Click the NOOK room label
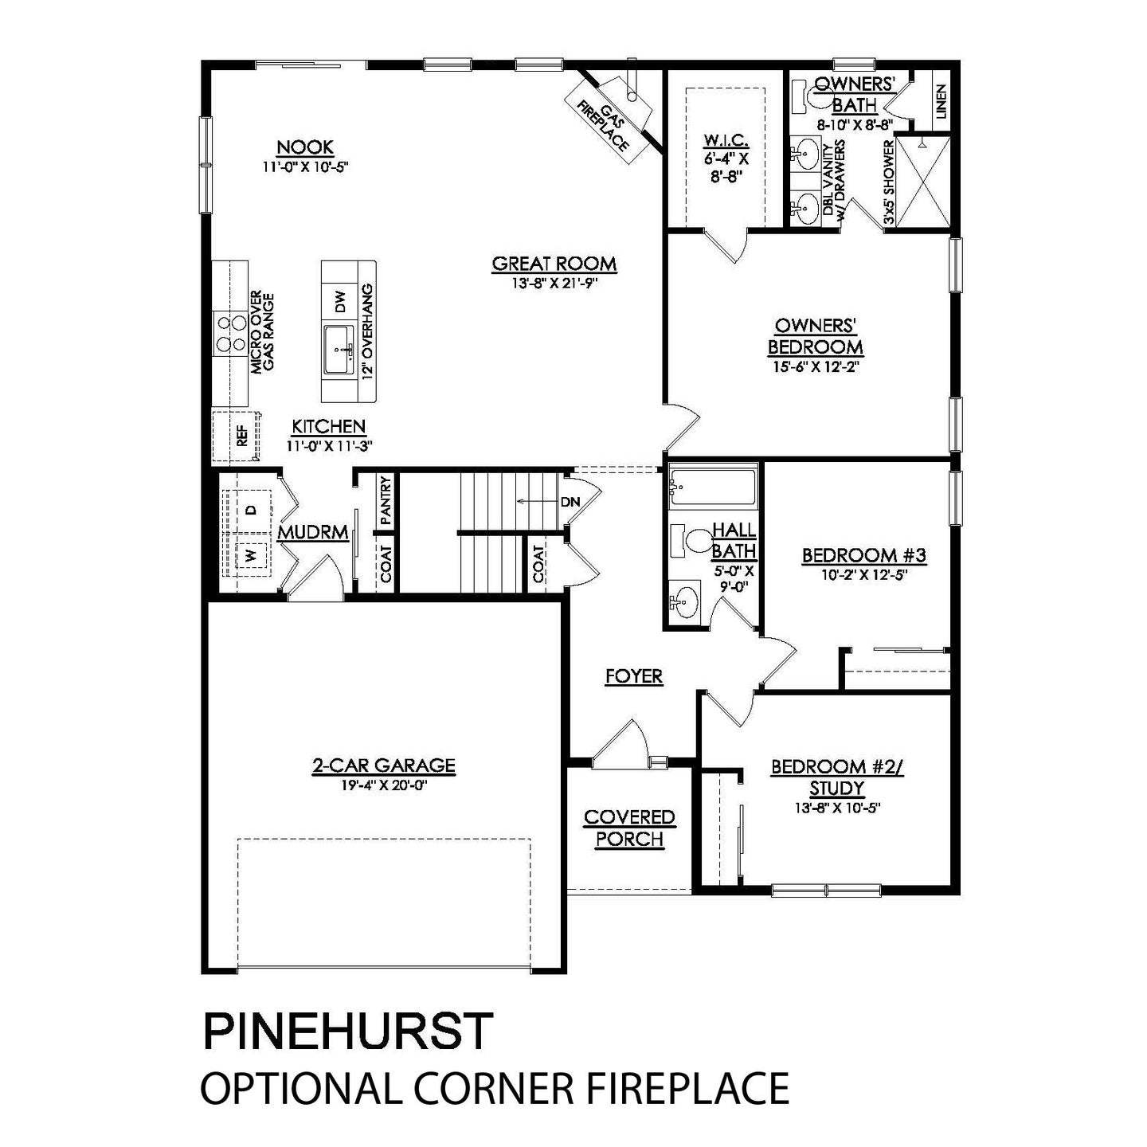pos(305,147)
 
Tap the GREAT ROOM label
pos(554,264)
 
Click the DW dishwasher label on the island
pos(341,301)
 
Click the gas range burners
pos(230,334)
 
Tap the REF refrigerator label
pos(241,435)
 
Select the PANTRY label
pos(386,500)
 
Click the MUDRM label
pos(313,533)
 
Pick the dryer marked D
pos(250,509)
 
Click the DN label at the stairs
pos(570,501)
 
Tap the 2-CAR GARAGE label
pos(383,766)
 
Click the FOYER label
pos(634,676)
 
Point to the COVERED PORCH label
pos(629,828)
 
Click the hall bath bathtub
pos(712,486)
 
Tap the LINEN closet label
pos(941,101)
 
